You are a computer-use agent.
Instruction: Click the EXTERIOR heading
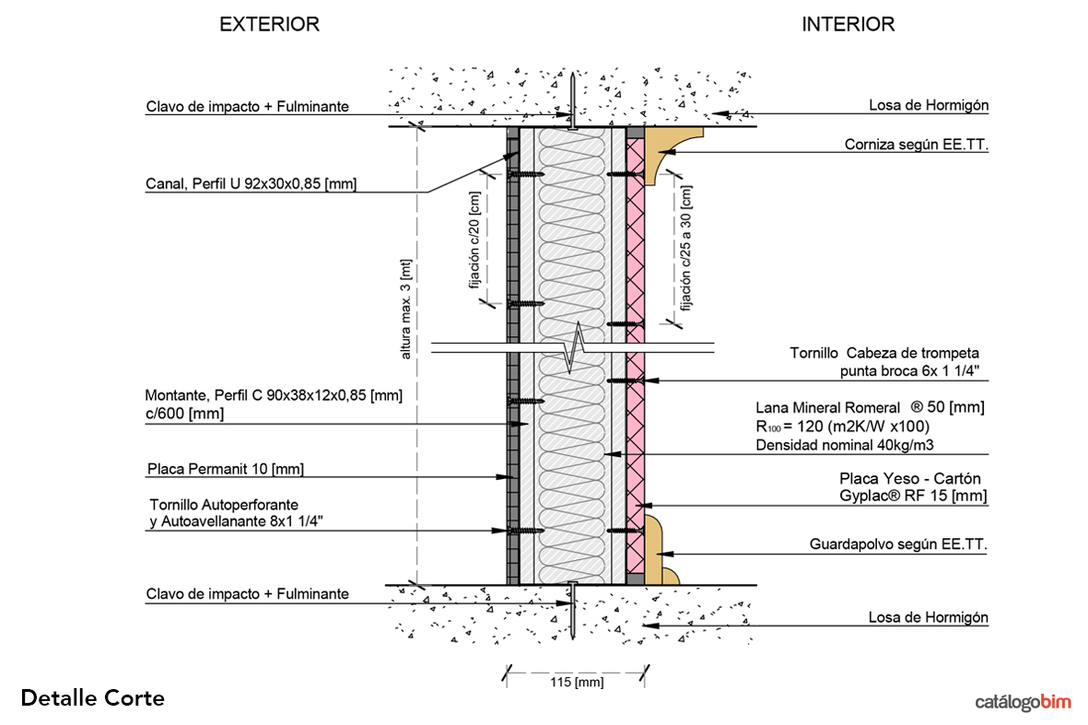click(x=269, y=25)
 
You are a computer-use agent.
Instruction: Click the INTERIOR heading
click(x=848, y=25)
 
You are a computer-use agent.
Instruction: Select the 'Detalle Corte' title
click(x=92, y=698)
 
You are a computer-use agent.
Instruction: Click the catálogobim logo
click(x=1024, y=703)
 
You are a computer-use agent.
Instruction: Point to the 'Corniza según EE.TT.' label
click(x=916, y=145)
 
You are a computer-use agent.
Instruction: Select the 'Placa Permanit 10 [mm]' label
click(x=226, y=470)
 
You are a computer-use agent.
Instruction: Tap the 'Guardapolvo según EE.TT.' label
click(x=898, y=544)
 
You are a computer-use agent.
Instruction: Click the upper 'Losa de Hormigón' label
click(x=929, y=105)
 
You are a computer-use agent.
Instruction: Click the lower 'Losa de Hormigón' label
click(x=929, y=617)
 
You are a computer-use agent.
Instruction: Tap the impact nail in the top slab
click(x=572, y=101)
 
